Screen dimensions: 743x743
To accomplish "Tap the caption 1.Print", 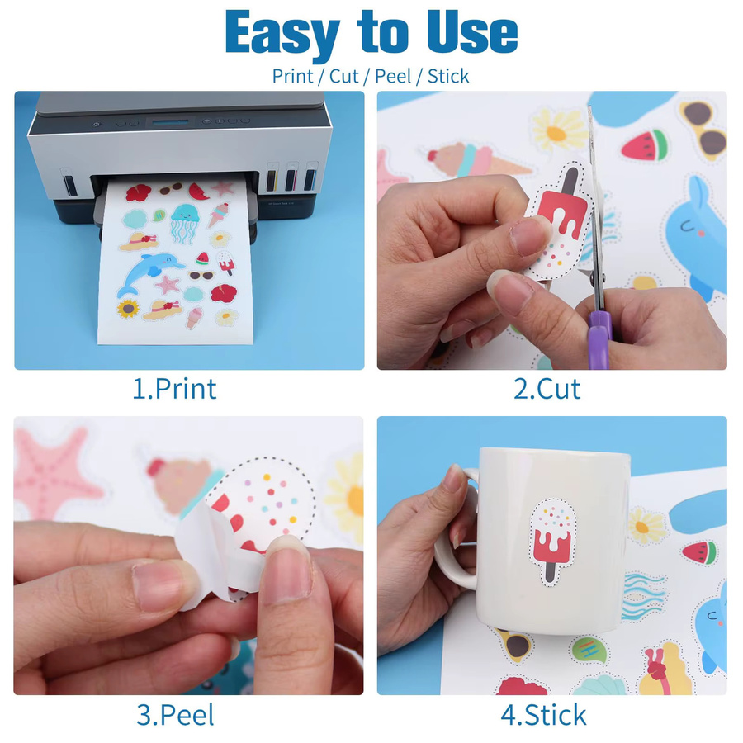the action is pos(174,389).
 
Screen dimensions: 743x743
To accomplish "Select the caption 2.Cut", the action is pos(547,389).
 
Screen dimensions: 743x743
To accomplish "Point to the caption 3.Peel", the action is pos(175,715).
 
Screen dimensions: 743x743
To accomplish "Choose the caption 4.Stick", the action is pos(543,715).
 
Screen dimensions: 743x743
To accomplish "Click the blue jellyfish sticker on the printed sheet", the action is pos(184,223).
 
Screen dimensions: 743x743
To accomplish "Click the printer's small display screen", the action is pos(170,122).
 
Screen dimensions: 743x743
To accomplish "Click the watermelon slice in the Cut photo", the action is pos(645,144).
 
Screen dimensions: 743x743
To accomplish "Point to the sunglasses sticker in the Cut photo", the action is pos(703,128).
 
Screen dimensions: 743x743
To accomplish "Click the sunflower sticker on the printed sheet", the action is pos(128,309).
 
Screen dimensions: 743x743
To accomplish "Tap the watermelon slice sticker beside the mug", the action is pos(700,553).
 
